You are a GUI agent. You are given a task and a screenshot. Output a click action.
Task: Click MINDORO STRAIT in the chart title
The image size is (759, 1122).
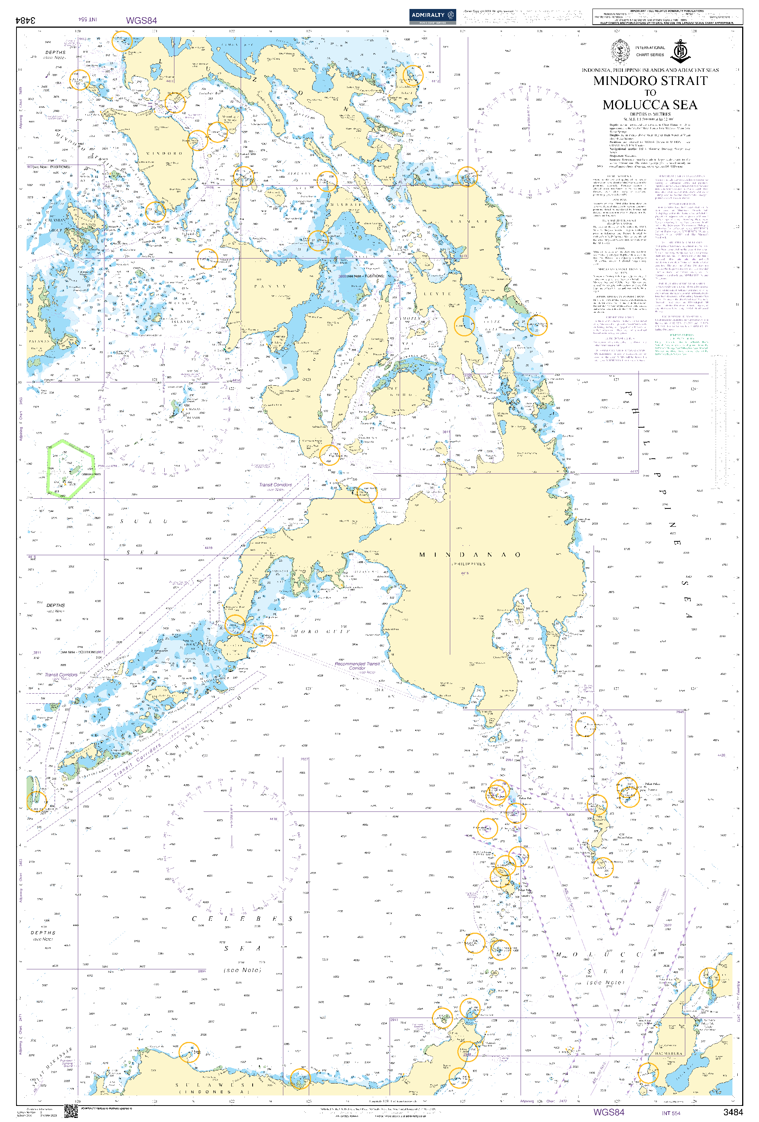coord(650,81)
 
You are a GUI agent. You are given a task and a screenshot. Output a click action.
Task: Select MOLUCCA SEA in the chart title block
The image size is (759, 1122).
coord(650,105)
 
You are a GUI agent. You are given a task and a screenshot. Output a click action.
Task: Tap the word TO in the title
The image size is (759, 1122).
coord(650,93)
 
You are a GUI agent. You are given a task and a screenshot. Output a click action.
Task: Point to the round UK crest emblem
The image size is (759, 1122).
coord(619,51)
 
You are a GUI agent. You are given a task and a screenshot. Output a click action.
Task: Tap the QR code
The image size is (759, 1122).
coord(71,1112)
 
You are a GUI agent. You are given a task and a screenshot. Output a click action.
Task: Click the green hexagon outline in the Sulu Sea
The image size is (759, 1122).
coord(69,468)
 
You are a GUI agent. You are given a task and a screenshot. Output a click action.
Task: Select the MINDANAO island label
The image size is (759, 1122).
coord(469,555)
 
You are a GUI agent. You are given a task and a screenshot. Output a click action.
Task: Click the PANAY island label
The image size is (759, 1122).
coord(270,286)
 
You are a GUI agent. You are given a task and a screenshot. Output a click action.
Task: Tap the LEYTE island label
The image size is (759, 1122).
coord(437,294)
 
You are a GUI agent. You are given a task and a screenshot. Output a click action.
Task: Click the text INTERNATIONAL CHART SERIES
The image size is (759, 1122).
coord(649,51)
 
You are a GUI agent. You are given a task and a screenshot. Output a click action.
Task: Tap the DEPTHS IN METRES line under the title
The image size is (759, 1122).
coord(650,114)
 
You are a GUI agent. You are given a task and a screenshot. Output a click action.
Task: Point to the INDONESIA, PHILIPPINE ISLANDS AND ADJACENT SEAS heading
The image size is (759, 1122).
coord(650,70)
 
